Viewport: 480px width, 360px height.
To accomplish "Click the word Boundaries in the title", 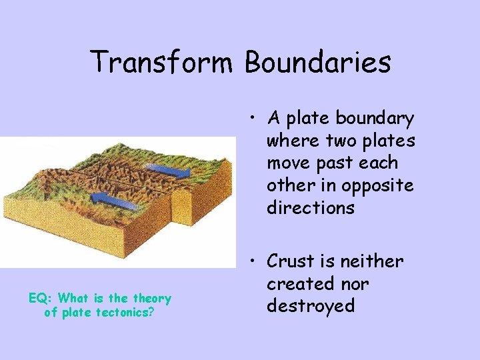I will pyautogui.click(x=317, y=63).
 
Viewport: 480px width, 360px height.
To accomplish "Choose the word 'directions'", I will pyautogui.click(x=311, y=208).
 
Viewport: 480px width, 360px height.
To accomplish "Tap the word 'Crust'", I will pyautogui.click(x=292, y=262).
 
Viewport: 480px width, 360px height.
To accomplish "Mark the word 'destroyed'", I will pyautogui.click(x=311, y=306).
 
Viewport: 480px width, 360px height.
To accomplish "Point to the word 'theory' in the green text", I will pyautogui.click(x=152, y=299).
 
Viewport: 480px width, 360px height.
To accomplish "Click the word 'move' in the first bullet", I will pyautogui.click(x=287, y=163).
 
